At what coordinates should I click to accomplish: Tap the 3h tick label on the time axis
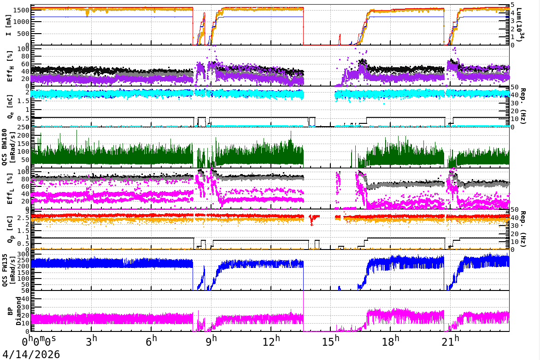(92, 342)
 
